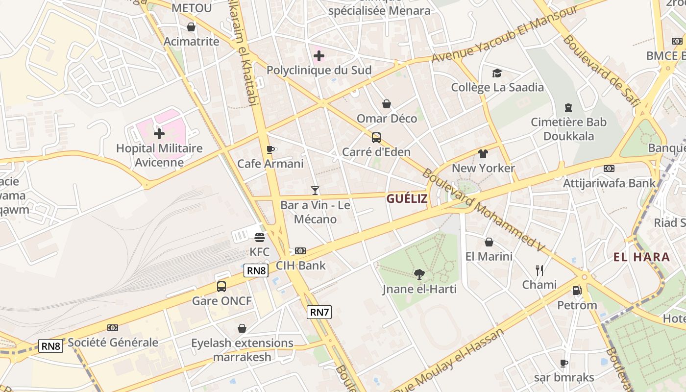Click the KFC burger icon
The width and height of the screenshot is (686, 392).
260,238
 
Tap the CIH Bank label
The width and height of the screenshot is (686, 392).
300,266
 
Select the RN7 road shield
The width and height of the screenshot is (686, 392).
319,312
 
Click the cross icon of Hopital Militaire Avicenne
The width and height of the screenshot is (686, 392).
159,133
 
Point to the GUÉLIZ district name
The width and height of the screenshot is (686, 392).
407,198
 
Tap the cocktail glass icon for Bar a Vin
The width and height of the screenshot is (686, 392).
315,190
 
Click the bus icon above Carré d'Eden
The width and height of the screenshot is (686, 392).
376,138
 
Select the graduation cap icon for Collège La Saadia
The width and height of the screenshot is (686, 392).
497,73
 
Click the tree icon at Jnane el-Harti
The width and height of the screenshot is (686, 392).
419,274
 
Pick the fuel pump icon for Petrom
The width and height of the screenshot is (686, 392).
577,291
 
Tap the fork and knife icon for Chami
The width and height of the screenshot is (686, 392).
539,270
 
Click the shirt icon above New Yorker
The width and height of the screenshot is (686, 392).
483,154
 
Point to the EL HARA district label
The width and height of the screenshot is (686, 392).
641,257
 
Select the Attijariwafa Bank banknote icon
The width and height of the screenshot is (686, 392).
609,169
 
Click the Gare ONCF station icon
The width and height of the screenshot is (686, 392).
221,286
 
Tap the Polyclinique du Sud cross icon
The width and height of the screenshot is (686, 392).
318,56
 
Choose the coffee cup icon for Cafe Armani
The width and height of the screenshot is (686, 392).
270,149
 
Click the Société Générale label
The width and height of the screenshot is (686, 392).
113,342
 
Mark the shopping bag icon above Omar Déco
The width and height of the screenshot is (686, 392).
387,104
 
